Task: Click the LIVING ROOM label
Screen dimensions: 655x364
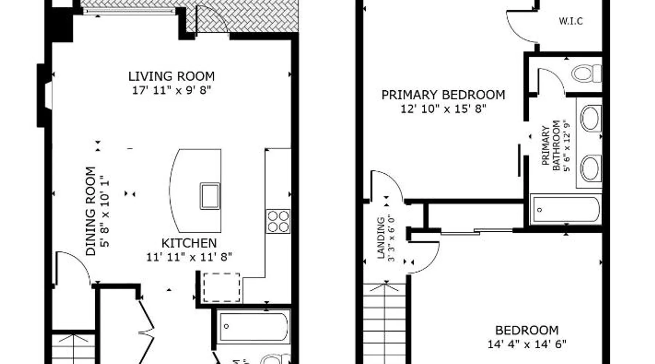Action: pos(171,76)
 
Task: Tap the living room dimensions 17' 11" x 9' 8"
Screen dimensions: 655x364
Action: pos(171,90)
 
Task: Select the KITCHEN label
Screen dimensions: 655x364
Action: pos(189,243)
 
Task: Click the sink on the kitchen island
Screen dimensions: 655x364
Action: pos(210,196)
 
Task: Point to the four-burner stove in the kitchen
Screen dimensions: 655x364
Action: pos(278,221)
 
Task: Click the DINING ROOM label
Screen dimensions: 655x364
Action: pos(91,211)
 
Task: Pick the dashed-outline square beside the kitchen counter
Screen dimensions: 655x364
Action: pos(221,287)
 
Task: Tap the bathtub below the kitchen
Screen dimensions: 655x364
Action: pos(253,327)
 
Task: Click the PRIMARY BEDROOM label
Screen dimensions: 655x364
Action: pos(443,95)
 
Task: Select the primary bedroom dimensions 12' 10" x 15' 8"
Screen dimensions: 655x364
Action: pos(443,109)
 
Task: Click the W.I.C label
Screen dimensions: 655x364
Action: pos(571,21)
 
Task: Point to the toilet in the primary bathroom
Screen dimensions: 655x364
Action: pos(587,74)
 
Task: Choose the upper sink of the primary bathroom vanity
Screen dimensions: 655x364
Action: pos(589,118)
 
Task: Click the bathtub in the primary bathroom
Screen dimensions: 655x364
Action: pos(565,210)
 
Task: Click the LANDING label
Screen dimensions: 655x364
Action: pos(381,238)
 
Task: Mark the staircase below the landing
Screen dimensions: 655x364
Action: pos(385,323)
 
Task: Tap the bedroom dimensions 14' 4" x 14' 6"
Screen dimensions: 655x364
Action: pos(527,344)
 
